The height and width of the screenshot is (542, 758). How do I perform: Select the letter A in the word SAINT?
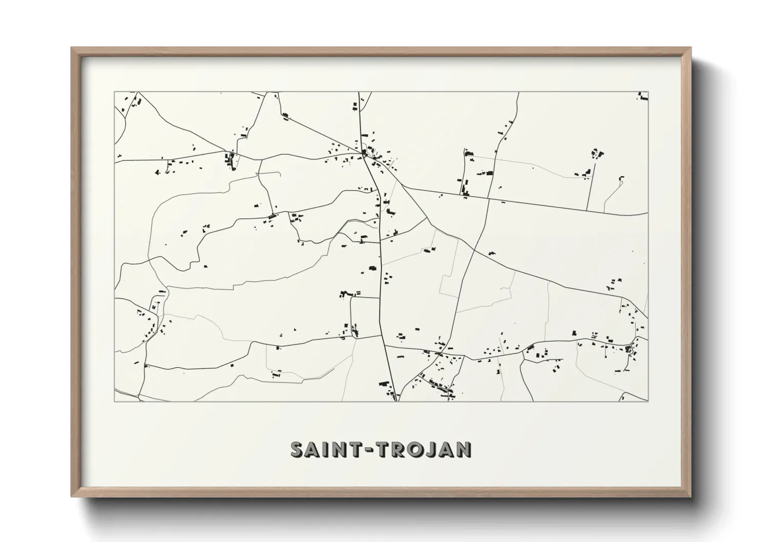[313, 449]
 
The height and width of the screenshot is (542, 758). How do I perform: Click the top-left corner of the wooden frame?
[72, 48]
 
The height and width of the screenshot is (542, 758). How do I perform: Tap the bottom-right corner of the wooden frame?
[690, 496]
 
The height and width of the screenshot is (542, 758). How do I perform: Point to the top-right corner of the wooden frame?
[690, 48]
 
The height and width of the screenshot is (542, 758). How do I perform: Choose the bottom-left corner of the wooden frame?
[72, 496]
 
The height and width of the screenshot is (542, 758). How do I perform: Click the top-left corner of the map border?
[114, 92]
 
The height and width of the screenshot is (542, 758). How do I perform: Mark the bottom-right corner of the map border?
[648, 401]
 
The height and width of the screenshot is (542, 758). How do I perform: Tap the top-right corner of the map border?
[648, 92]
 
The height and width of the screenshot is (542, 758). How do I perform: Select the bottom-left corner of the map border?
[114, 401]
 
